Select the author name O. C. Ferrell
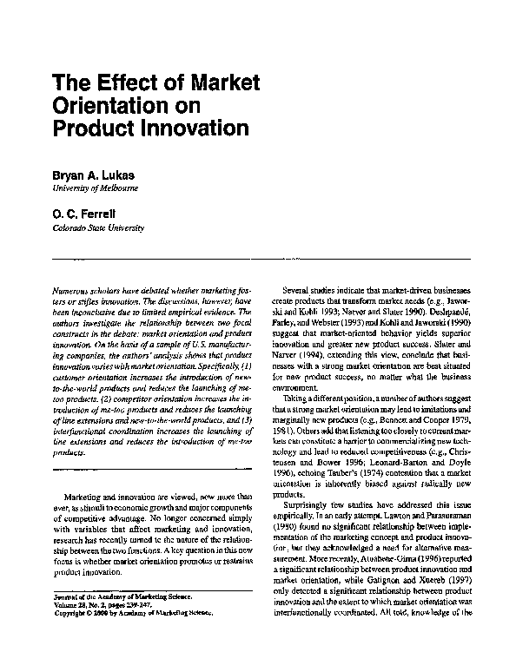(87, 214)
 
